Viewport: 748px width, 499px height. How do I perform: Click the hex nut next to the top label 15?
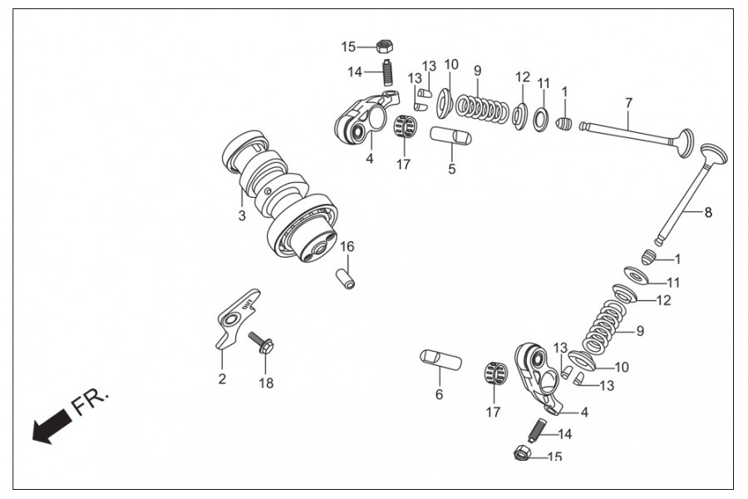385,47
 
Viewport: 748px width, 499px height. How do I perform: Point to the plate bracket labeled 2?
237,317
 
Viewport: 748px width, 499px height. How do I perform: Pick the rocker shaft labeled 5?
451,135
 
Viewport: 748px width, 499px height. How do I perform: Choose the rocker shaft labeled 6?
440,360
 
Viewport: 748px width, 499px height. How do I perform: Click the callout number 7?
628,102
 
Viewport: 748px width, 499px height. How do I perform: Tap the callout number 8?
708,212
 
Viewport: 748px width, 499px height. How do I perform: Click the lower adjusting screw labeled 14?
537,430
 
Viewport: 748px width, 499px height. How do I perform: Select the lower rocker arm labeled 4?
539,378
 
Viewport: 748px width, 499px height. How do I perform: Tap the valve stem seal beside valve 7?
563,124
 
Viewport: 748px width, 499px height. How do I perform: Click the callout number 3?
242,215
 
